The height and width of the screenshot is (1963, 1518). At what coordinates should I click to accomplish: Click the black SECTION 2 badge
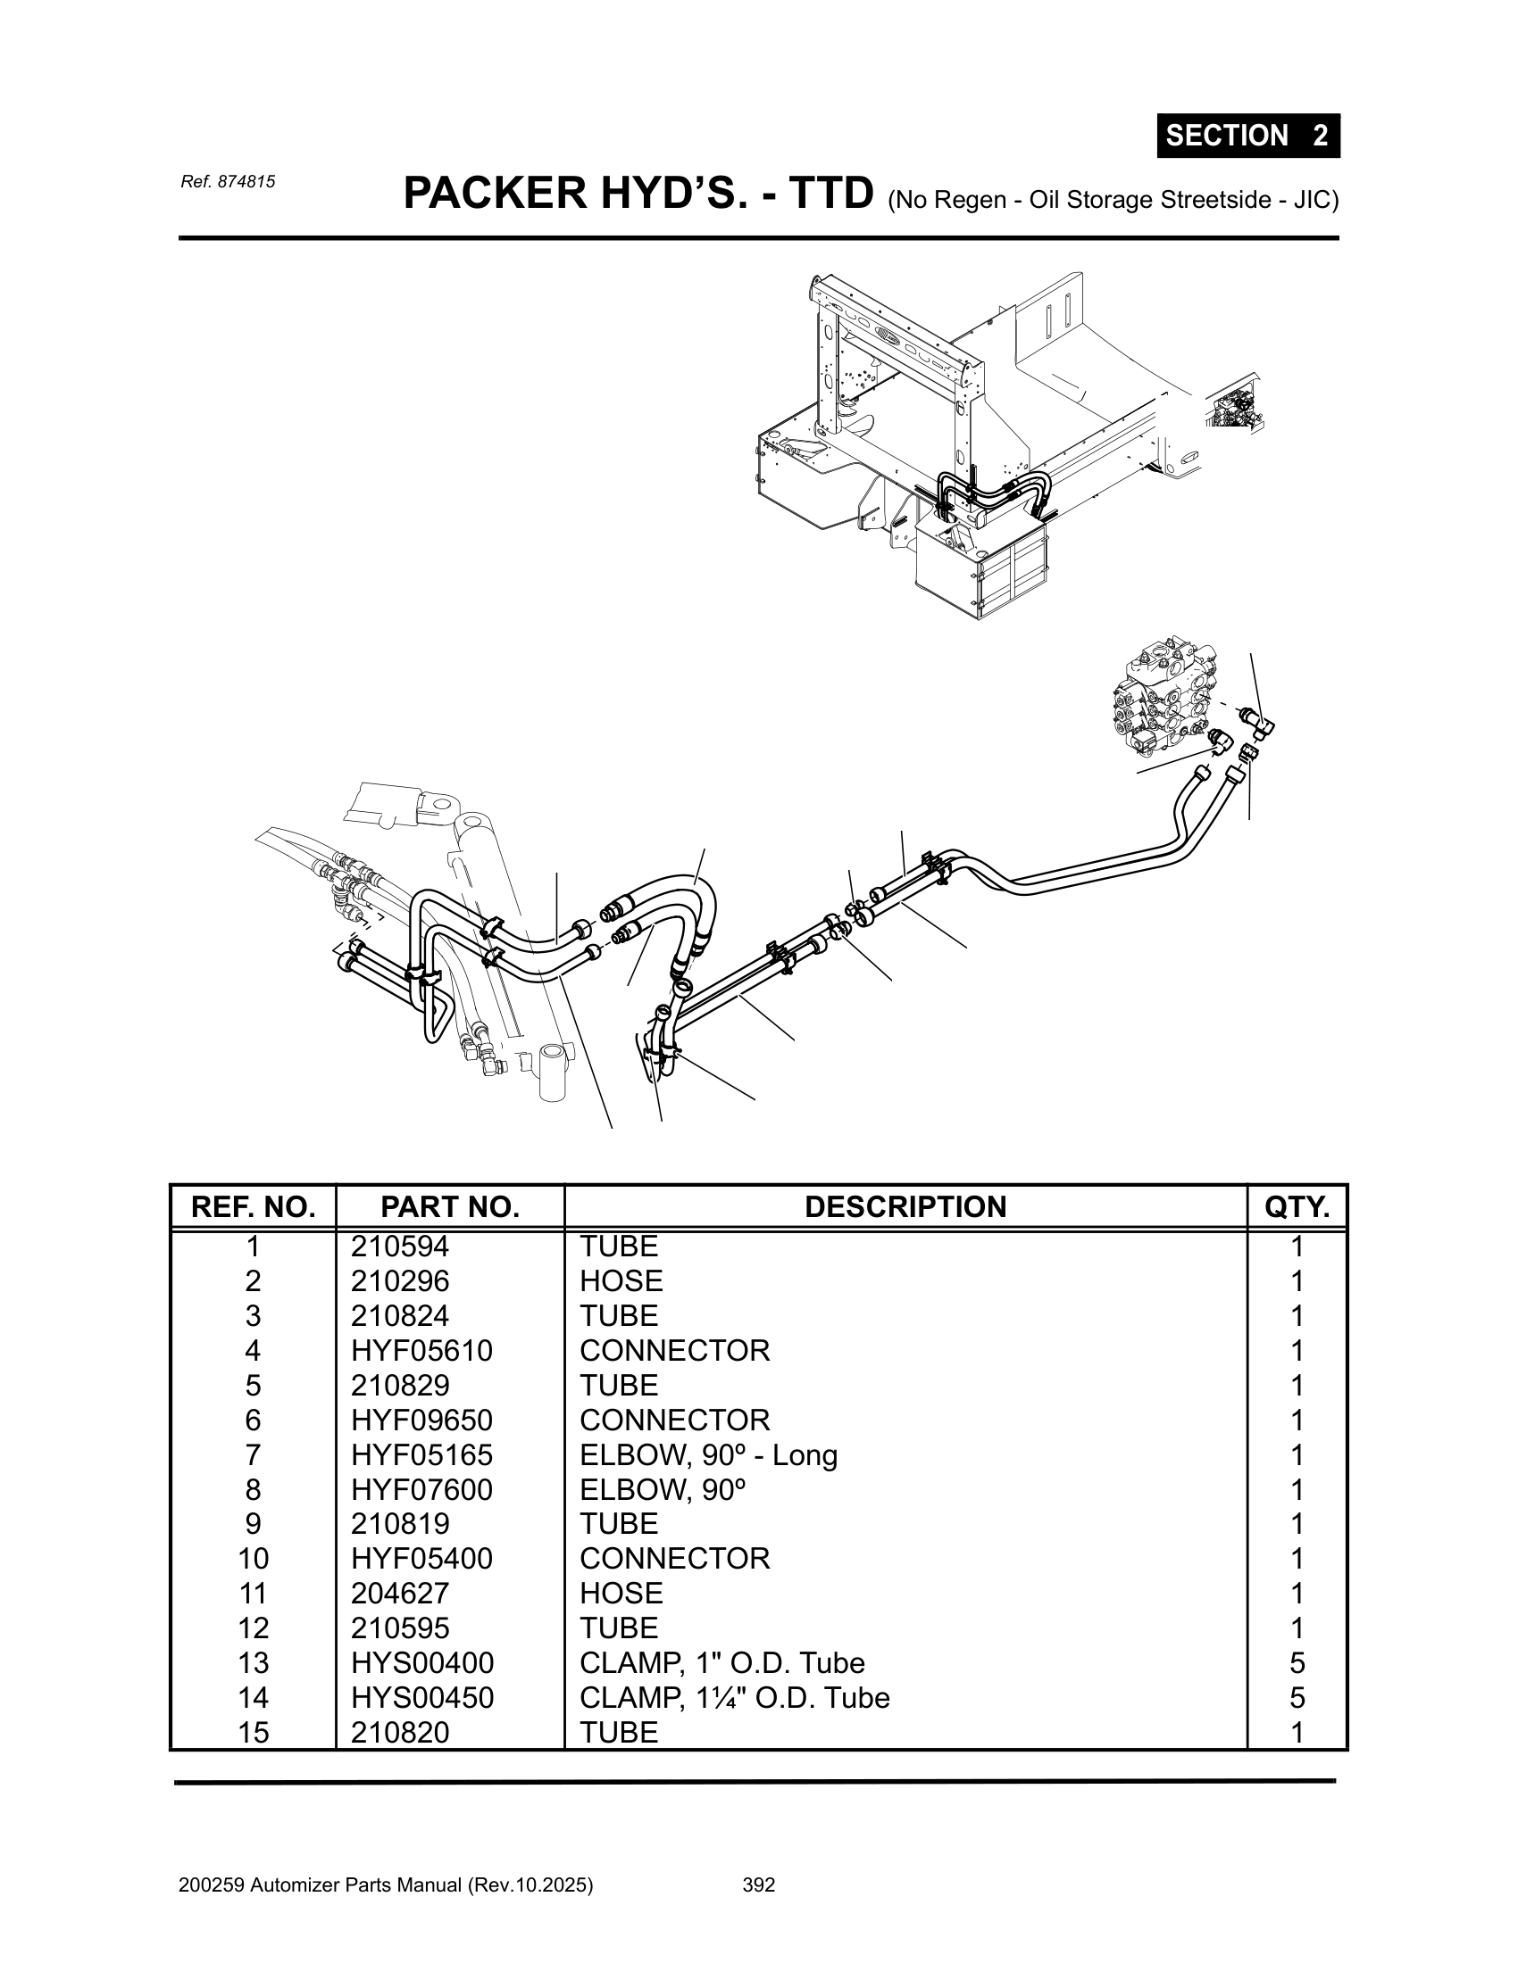point(1247,136)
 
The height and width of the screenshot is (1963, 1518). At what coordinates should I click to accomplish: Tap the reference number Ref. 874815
point(228,181)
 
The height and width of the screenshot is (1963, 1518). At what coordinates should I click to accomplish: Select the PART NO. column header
point(450,1207)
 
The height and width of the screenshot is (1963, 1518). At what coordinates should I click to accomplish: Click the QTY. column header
point(1297,1207)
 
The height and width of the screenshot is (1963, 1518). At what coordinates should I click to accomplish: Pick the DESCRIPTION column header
point(905,1207)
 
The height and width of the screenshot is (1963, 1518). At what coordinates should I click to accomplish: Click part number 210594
point(399,1247)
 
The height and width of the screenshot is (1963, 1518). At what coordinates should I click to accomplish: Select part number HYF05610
point(421,1350)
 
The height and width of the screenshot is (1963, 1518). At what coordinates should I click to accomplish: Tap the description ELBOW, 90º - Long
point(708,1454)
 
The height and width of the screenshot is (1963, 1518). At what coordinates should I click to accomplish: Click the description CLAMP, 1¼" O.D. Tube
point(734,1697)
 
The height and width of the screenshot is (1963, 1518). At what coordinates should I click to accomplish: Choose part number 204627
point(399,1593)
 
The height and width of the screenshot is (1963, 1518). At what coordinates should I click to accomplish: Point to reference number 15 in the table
point(253,1732)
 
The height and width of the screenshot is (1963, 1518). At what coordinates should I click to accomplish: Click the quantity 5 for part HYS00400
point(1297,1663)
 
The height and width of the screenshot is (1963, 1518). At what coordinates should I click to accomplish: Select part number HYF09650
point(421,1420)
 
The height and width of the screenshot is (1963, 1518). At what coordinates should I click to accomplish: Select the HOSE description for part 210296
point(621,1280)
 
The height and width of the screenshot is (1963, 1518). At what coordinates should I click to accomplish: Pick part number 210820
point(399,1732)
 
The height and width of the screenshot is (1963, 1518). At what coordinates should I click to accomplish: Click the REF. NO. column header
point(253,1207)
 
